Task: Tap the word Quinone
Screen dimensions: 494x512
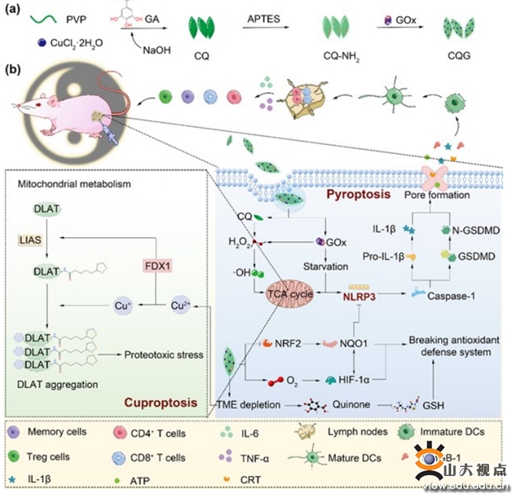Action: [x=345, y=404]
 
